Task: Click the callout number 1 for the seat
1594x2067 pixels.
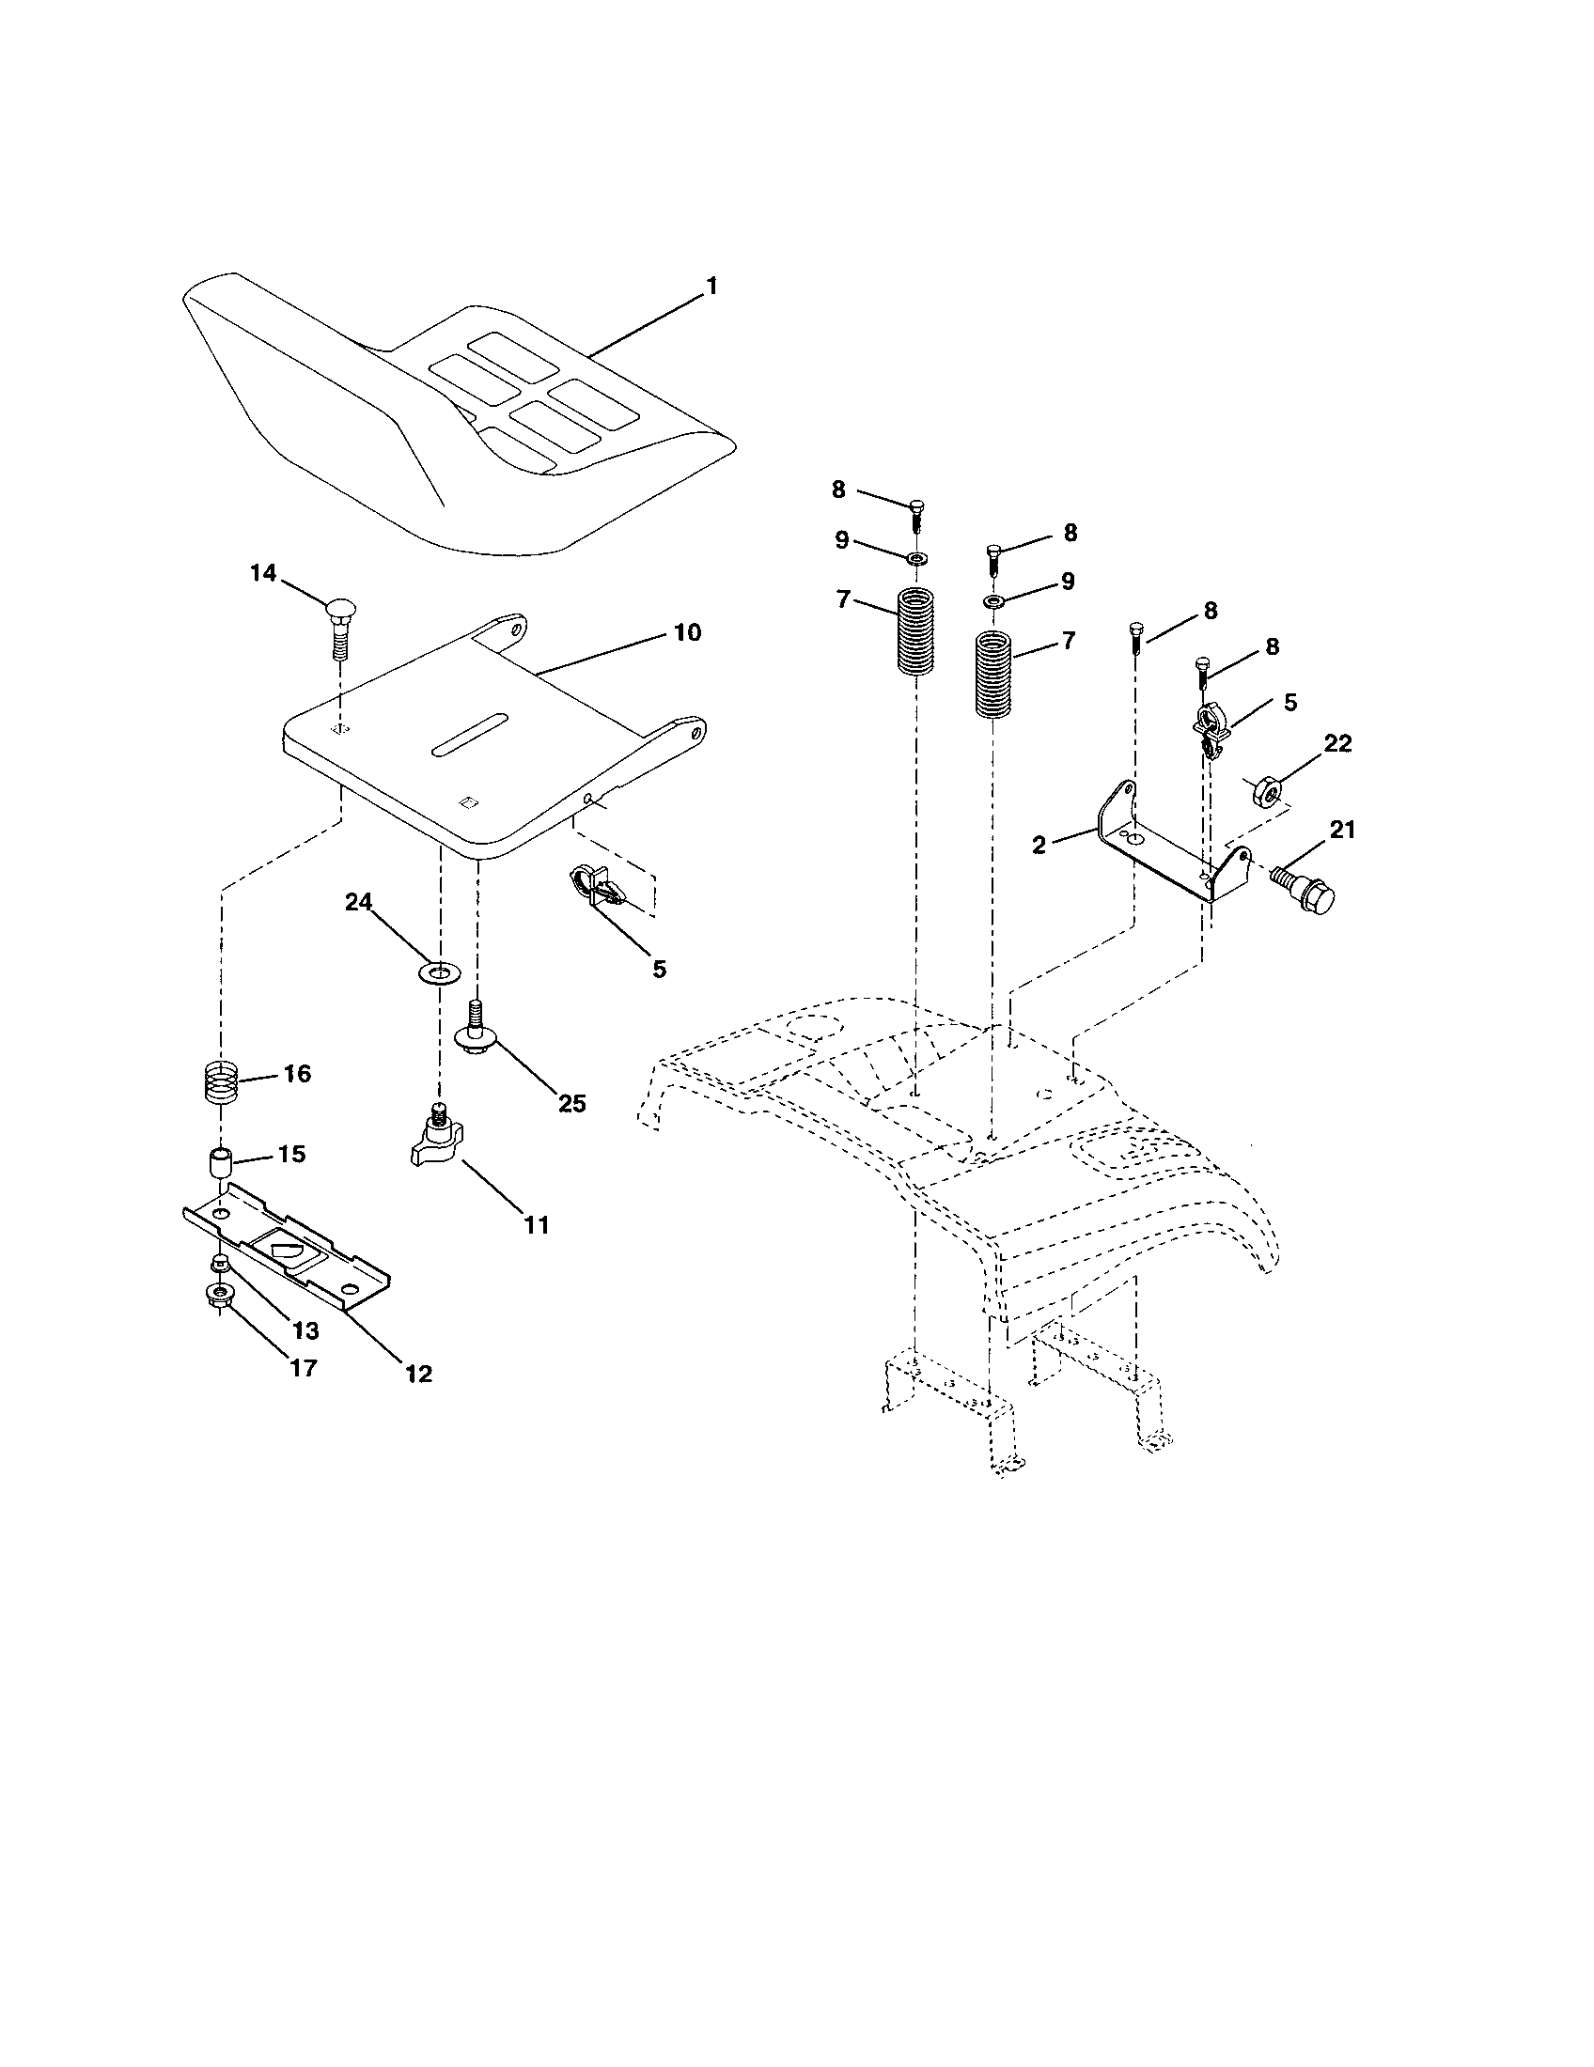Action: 711,286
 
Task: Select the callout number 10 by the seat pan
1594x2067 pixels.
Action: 687,632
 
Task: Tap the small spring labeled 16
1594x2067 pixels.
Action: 220,1080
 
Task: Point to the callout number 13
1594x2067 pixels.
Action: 304,1330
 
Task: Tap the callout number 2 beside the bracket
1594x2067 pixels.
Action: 1039,846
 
